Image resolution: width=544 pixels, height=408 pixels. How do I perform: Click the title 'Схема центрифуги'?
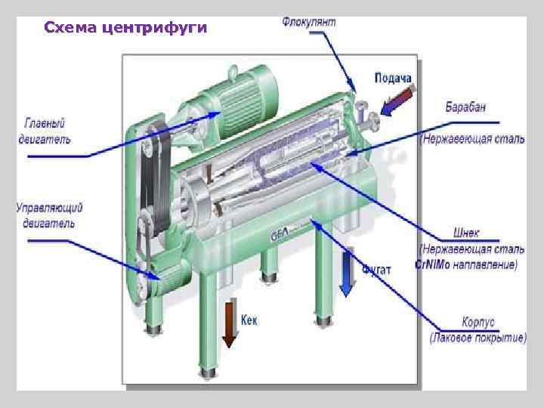125,29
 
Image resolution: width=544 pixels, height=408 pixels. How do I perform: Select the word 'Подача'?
394,79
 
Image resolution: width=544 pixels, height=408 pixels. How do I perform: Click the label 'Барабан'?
465,108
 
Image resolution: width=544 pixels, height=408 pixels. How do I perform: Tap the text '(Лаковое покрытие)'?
478,338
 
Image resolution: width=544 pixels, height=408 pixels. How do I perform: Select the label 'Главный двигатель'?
45,129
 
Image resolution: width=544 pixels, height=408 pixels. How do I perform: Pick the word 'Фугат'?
376,269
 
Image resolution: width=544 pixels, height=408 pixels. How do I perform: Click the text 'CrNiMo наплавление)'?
466,264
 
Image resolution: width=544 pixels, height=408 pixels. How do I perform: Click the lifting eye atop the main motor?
233,71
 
